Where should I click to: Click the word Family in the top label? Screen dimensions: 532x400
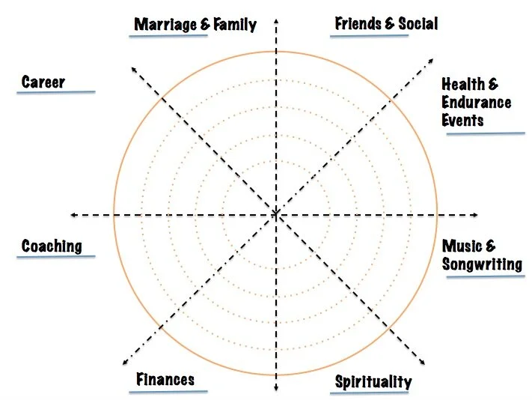(x=233, y=25)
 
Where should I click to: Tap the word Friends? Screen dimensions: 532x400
(x=358, y=23)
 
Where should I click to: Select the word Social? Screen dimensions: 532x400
(x=418, y=23)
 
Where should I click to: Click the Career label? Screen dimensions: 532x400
(x=43, y=82)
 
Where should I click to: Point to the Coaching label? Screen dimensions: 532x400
(x=52, y=246)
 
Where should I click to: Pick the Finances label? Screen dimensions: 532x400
(x=165, y=379)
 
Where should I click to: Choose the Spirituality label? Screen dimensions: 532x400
(x=373, y=382)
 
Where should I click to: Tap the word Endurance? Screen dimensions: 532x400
(x=477, y=103)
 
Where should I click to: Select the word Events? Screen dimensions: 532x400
(x=462, y=120)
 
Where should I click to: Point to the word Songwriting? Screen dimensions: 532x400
(x=482, y=264)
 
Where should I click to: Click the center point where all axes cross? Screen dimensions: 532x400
(x=276, y=215)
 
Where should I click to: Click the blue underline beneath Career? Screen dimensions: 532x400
(x=58, y=92)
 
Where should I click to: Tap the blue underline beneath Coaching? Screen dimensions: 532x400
(x=58, y=257)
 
